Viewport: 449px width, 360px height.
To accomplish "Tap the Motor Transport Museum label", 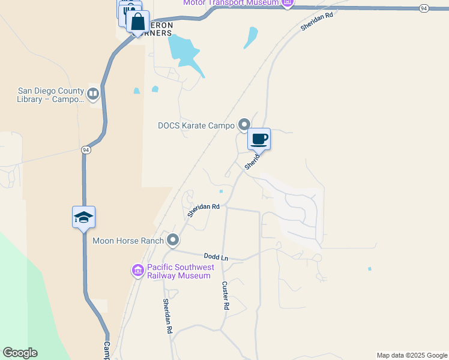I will click(x=231, y=3).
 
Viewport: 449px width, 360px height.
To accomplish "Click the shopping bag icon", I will click(x=137, y=22).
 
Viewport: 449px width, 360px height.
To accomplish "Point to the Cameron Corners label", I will click(x=157, y=29).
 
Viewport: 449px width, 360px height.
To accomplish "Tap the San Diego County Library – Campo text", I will click(x=51, y=95).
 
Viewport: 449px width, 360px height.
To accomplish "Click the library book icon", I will click(x=93, y=94).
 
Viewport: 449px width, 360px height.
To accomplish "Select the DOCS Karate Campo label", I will click(x=196, y=125).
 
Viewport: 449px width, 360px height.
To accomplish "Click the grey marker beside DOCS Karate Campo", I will click(x=244, y=125).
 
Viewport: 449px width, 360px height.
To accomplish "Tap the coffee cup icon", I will click(x=259, y=139).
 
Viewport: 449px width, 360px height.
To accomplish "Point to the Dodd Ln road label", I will click(x=216, y=257).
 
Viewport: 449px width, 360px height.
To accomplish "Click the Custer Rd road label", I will click(x=226, y=295).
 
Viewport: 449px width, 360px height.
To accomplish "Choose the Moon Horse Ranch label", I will click(x=128, y=241).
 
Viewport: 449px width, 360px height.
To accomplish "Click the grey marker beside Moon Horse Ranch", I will click(x=173, y=241).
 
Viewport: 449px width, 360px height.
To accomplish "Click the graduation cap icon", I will click(x=83, y=217).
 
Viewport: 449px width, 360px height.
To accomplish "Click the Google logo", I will click(x=20, y=353).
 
